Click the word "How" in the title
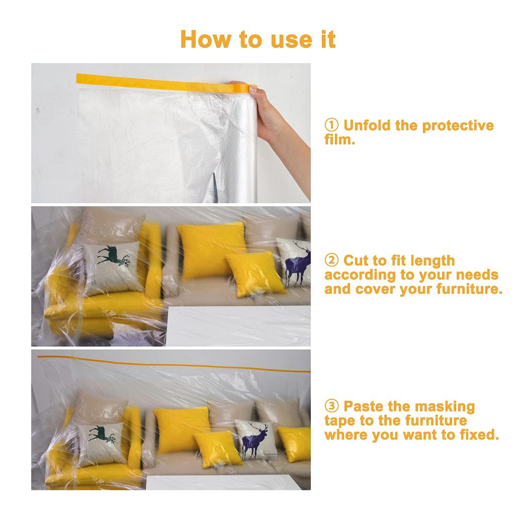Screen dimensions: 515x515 pyautogui.click(x=206, y=39)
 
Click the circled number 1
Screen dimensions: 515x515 pyautogui.click(x=331, y=125)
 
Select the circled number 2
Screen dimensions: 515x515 pyautogui.click(x=331, y=260)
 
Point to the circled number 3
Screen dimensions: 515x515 pyautogui.click(x=331, y=406)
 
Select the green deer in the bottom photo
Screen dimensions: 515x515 pyautogui.click(x=102, y=434)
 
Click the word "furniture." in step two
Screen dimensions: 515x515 pyautogui.click(x=470, y=289)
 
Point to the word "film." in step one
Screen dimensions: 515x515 pyautogui.click(x=340, y=139)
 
